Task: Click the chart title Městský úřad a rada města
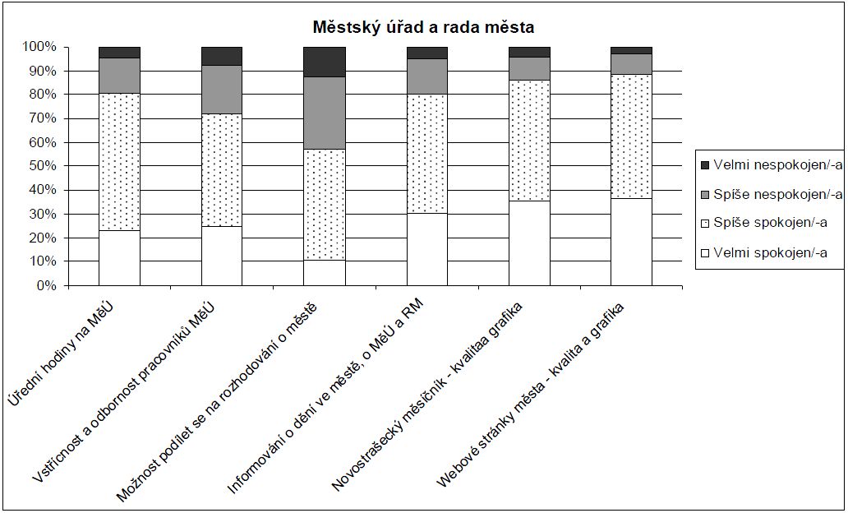pyautogui.click(x=423, y=27)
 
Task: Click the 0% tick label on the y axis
pyautogui.click(x=44, y=285)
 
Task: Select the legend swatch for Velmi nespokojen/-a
pyautogui.click(x=703, y=165)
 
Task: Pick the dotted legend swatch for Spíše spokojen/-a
pyautogui.click(x=703, y=224)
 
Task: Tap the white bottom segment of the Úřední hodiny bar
pyautogui.click(x=118, y=257)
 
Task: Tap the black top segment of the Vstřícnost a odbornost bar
pyautogui.click(x=222, y=56)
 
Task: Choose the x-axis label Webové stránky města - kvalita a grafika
pyautogui.click(x=531, y=395)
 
